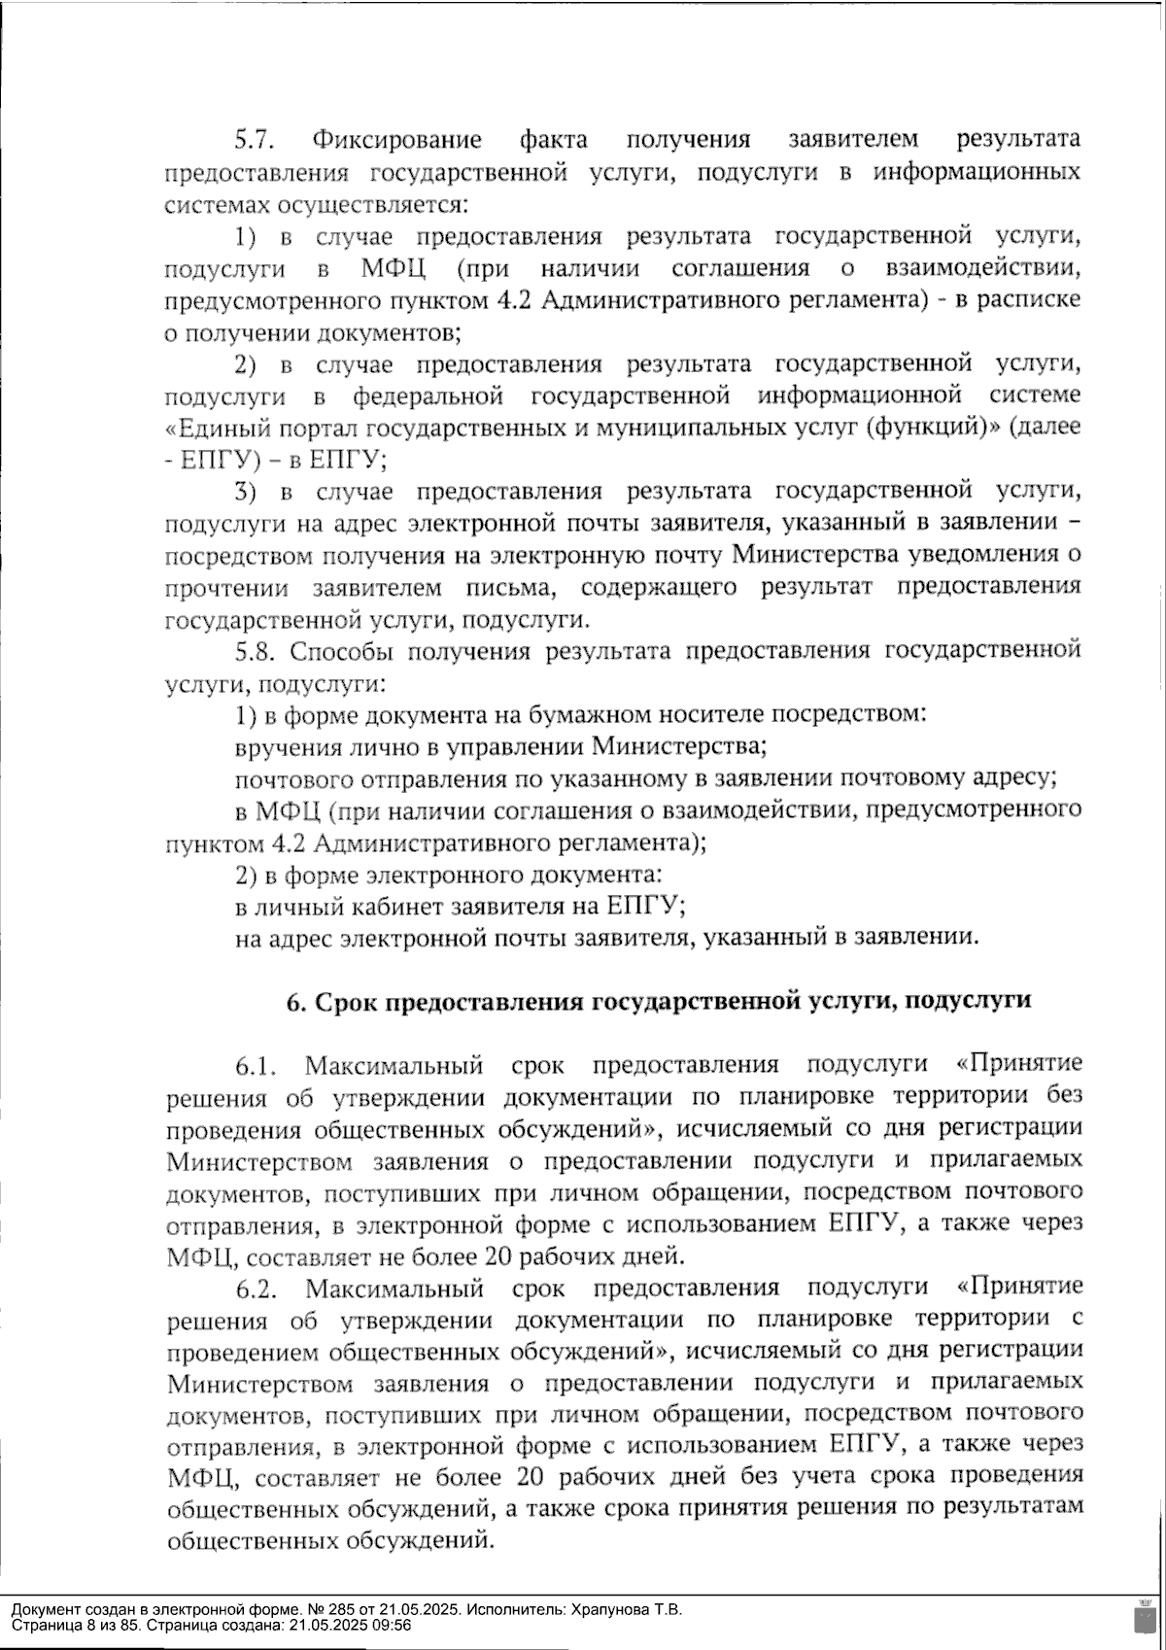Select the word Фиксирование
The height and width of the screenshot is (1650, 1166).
tap(396, 140)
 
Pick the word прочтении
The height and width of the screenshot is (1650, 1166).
tap(225, 588)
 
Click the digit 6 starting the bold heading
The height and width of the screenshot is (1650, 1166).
tap(292, 1002)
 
